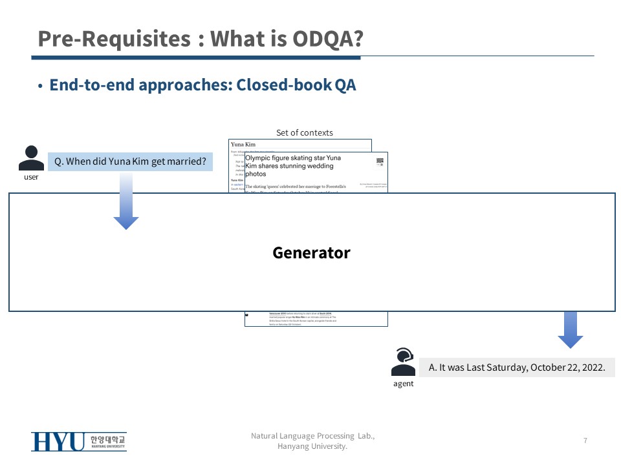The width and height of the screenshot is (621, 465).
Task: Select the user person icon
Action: pos(31,159)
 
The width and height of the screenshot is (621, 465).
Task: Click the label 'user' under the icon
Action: pos(31,177)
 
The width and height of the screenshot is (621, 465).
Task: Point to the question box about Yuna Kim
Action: pos(130,161)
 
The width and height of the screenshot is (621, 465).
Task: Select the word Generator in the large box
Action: pos(311,253)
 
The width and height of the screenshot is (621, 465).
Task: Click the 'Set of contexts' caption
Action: pos(304,132)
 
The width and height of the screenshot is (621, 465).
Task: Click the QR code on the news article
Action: pos(380,163)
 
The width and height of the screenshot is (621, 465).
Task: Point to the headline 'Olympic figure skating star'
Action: pos(293,158)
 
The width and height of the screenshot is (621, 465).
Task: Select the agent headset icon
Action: pos(403,361)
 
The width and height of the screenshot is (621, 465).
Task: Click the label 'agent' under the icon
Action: pos(403,384)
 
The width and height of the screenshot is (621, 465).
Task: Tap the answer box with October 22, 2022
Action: pos(517,367)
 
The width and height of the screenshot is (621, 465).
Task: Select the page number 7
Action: pos(585,440)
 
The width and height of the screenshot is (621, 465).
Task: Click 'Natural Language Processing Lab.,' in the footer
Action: pos(312,436)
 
